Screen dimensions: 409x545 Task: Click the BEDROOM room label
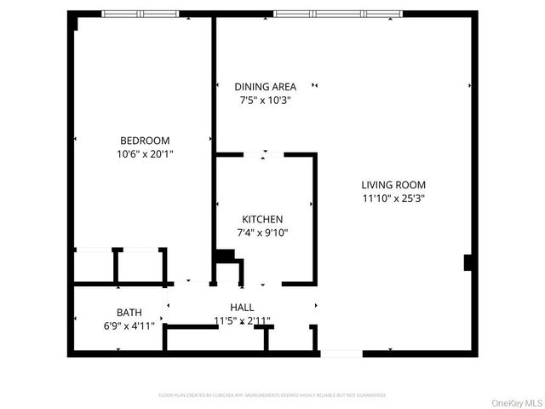click(144, 141)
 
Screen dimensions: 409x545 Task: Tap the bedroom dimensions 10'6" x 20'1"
click(144, 154)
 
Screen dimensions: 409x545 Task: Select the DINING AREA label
click(265, 86)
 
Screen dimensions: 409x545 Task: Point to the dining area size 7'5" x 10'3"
click(265, 100)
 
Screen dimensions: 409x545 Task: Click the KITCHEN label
click(262, 219)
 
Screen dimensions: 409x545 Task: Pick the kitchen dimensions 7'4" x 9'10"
click(262, 232)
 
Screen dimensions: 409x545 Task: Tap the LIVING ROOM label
click(393, 185)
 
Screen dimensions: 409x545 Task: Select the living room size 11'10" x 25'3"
click(393, 198)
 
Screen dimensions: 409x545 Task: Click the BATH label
click(129, 311)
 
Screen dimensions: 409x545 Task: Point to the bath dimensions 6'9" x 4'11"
click(129, 324)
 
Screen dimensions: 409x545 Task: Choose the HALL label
click(242, 307)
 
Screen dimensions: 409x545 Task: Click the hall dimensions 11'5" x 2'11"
click(242, 320)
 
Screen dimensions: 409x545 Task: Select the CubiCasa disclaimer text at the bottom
click(272, 395)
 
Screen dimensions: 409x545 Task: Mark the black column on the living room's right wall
click(468, 262)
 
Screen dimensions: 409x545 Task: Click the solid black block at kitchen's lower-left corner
click(224, 256)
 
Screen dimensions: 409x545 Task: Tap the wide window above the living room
click(337, 13)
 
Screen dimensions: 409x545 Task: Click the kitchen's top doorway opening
click(264, 154)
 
